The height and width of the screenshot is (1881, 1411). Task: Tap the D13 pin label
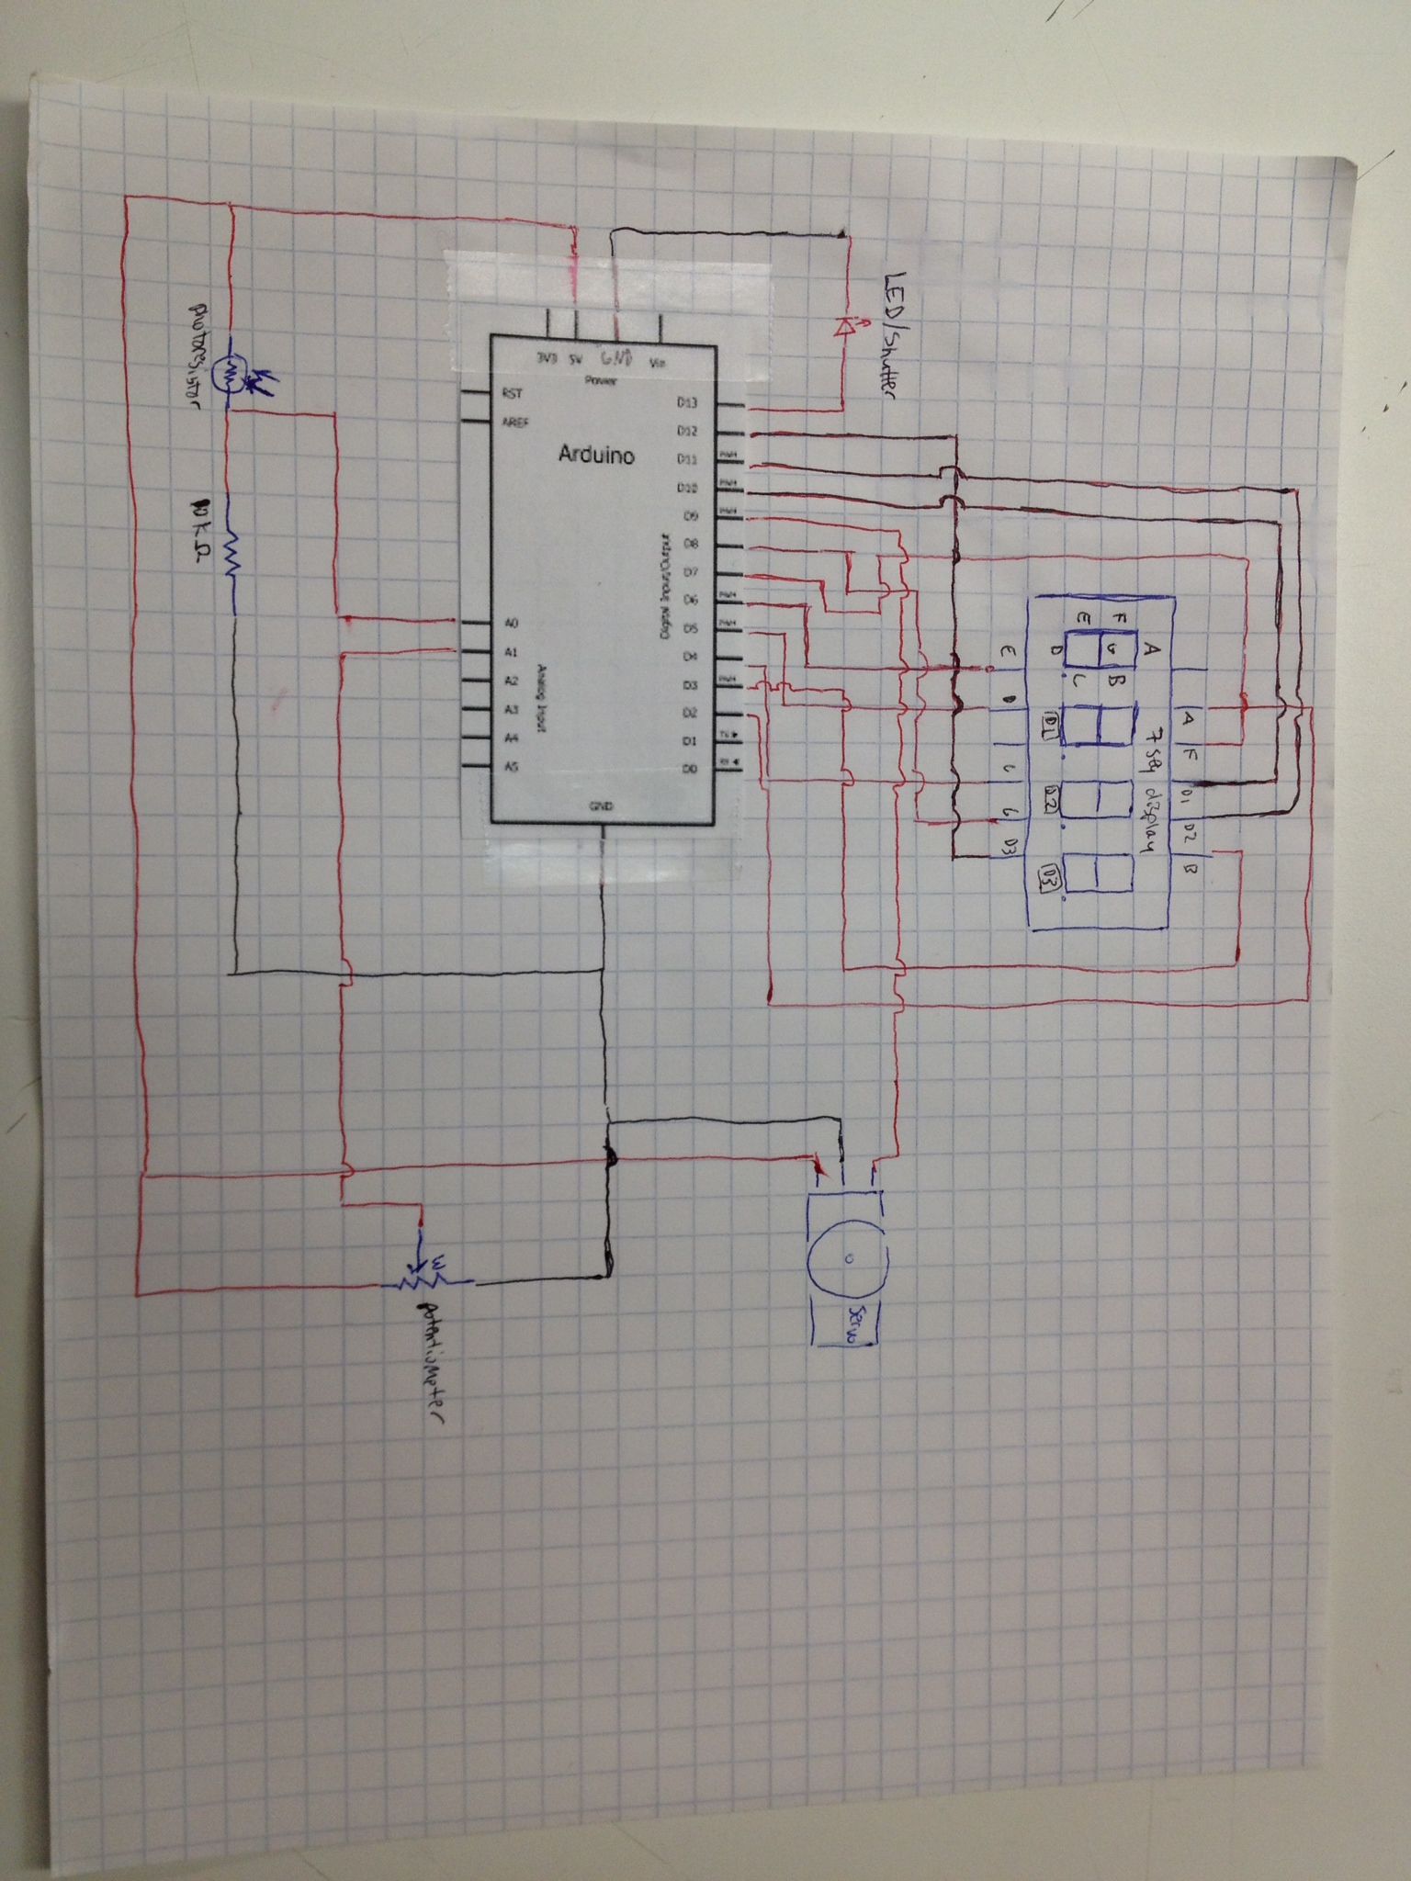pos(687,401)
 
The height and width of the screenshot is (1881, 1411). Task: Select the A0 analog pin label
pos(513,624)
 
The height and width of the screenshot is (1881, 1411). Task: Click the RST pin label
pos(512,394)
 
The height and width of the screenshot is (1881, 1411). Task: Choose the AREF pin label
pos(514,422)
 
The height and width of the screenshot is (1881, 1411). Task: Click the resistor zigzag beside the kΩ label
pos(233,552)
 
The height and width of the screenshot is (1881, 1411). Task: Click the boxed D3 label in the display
pos(1050,879)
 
